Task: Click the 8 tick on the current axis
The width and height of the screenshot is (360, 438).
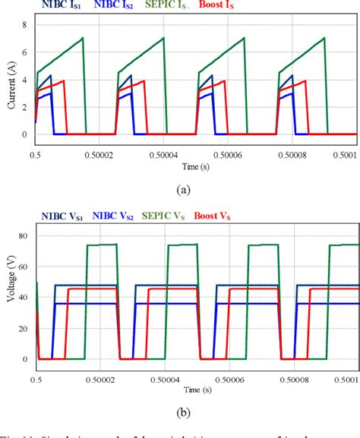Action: click(x=26, y=25)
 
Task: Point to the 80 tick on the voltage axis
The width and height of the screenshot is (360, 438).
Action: click(x=24, y=235)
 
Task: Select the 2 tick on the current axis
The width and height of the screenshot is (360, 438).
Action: click(x=26, y=107)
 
